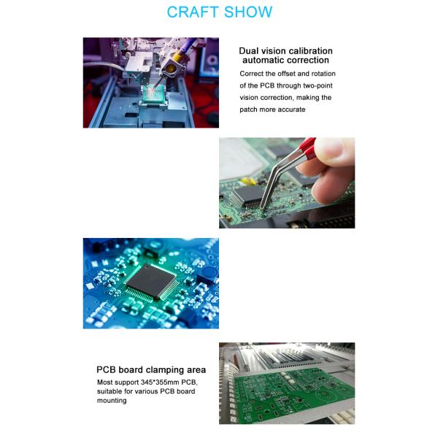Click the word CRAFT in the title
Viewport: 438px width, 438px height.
(193, 12)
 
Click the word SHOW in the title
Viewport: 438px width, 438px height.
(247, 12)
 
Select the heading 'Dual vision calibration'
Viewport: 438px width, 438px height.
(285, 51)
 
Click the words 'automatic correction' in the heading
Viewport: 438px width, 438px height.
(285, 61)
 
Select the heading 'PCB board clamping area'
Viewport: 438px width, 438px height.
(151, 369)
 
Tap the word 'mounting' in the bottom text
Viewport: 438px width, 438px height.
(112, 400)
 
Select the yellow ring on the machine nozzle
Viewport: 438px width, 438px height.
(173, 69)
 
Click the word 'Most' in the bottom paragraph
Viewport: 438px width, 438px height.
(107, 383)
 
